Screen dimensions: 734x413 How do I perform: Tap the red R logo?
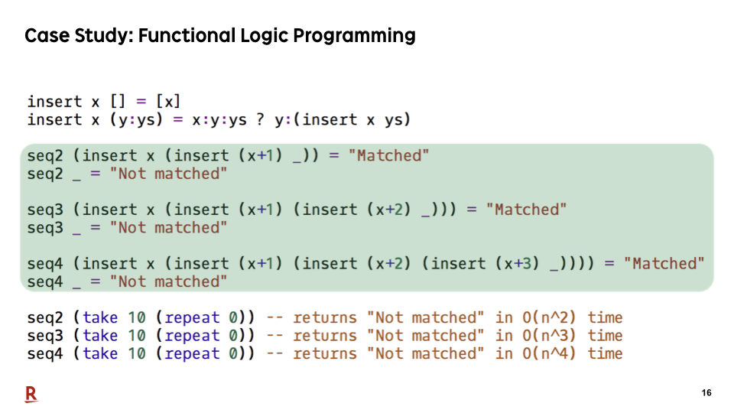tap(31, 395)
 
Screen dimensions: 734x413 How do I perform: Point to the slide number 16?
tap(706, 393)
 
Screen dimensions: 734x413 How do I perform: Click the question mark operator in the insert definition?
tap(260, 119)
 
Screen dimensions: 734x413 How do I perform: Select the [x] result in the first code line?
tap(168, 101)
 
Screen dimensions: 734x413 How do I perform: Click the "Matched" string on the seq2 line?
tap(388, 155)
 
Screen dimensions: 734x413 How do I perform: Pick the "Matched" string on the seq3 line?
tap(526, 210)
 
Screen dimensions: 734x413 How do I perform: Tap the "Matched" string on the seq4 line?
tap(664, 263)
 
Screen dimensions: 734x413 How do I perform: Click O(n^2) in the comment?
tap(549, 317)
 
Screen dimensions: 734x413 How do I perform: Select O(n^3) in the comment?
tap(549, 336)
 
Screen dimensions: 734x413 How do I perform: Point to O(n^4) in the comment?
tap(549, 353)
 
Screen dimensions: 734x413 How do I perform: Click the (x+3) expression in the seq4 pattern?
tap(518, 264)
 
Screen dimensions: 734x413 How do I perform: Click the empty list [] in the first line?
tap(118, 101)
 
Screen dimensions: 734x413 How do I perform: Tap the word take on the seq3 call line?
tap(100, 336)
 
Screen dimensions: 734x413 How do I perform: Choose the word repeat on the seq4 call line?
tap(192, 354)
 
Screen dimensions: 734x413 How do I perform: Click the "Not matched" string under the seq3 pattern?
tap(168, 228)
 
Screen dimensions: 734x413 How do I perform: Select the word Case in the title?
tap(46, 36)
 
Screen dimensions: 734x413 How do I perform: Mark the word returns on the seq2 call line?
tap(325, 318)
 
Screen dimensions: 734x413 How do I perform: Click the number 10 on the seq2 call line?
tap(137, 318)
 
